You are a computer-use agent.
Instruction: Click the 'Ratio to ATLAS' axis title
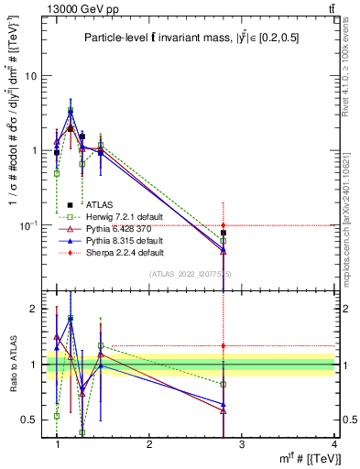(13, 365)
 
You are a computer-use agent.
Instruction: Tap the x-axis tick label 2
(149, 444)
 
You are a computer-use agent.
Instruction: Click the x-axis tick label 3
(242, 444)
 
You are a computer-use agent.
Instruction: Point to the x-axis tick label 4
(334, 444)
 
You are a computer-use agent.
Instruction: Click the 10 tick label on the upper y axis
(31, 76)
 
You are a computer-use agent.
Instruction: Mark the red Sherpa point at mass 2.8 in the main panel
(224, 225)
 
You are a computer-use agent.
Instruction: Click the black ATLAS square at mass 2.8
(224, 233)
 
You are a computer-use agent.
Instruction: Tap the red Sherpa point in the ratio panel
(224, 345)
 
